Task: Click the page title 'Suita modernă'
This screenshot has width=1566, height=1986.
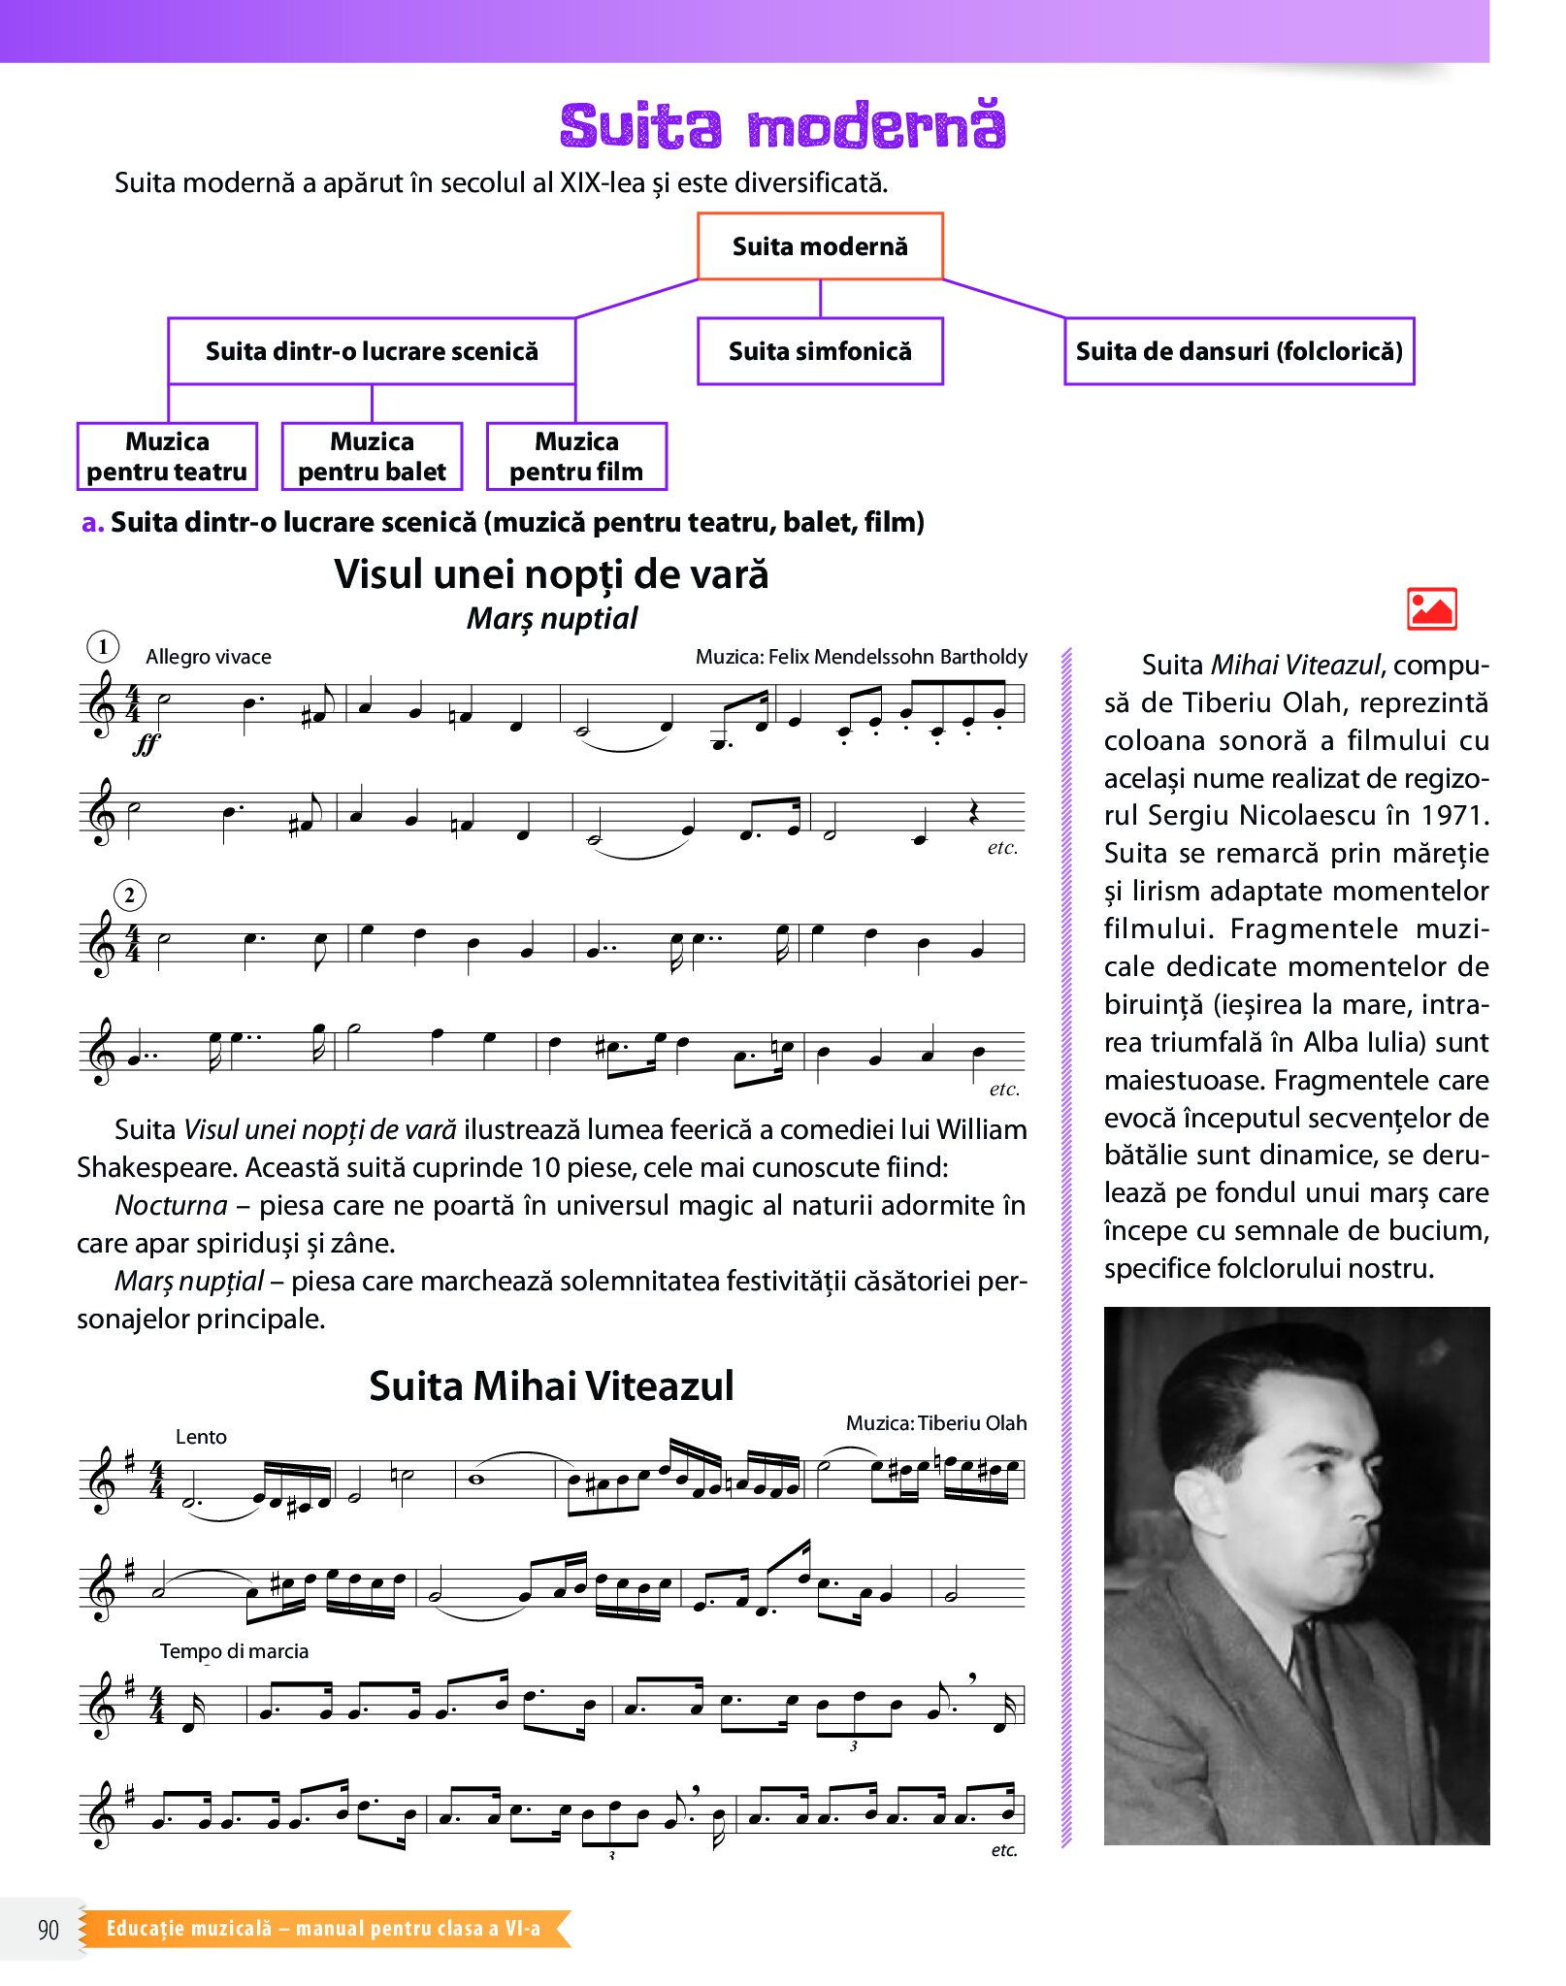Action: tap(782, 126)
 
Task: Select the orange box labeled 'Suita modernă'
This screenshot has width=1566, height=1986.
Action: tap(820, 246)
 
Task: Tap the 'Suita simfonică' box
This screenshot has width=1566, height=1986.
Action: tap(820, 351)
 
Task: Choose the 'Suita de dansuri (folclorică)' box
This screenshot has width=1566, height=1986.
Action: tap(1239, 351)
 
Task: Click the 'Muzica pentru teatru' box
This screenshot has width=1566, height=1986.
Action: tap(167, 457)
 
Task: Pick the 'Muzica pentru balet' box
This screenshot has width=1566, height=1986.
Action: tap(372, 457)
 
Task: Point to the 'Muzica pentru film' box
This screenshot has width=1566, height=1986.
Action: tap(576, 457)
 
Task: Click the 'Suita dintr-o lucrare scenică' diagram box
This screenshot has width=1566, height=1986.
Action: tap(372, 351)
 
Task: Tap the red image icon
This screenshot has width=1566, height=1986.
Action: tap(1431, 609)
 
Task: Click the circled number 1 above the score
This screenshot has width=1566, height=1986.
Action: tap(103, 647)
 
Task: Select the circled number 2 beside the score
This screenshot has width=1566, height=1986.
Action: tap(130, 895)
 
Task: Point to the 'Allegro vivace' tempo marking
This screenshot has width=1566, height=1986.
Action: tap(209, 657)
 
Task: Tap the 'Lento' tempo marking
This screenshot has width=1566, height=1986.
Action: tap(201, 1437)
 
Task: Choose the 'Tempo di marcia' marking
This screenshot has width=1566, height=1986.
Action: tap(234, 1651)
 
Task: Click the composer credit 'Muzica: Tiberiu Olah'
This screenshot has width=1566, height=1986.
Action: tap(935, 1423)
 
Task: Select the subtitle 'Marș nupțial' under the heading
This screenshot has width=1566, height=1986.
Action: tap(552, 618)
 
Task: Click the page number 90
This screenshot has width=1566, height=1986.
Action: tap(49, 1930)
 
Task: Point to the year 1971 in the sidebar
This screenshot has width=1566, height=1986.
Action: tap(1454, 816)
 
